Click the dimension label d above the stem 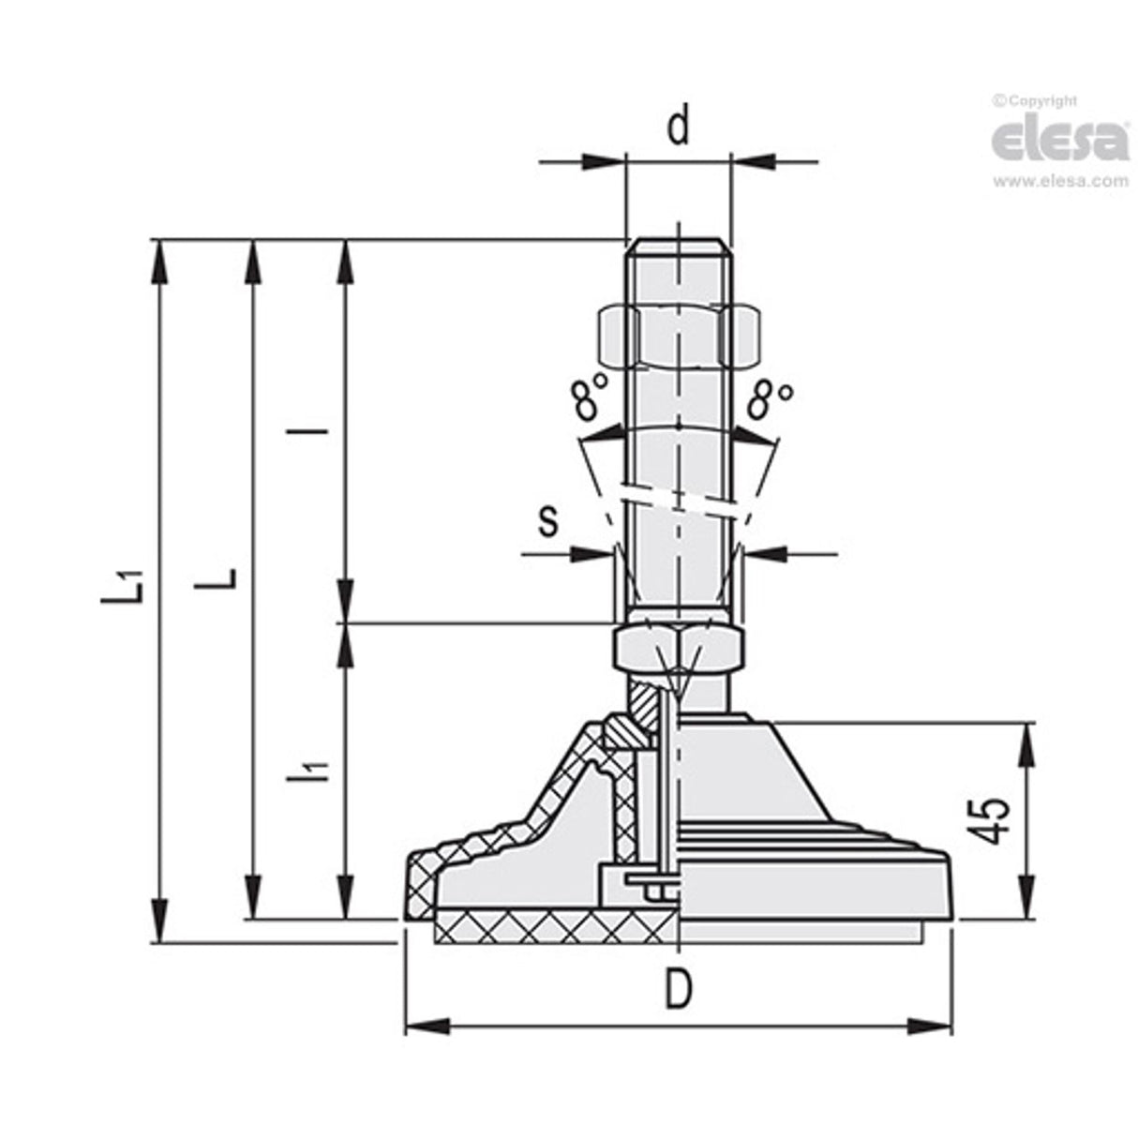tap(678, 126)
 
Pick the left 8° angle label tap(588, 397)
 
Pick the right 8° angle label tap(771, 398)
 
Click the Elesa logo tap(1059, 138)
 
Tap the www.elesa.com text tap(1060, 182)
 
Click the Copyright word tap(1041, 101)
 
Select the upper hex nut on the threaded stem tap(678, 335)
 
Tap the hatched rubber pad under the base tap(553, 931)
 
